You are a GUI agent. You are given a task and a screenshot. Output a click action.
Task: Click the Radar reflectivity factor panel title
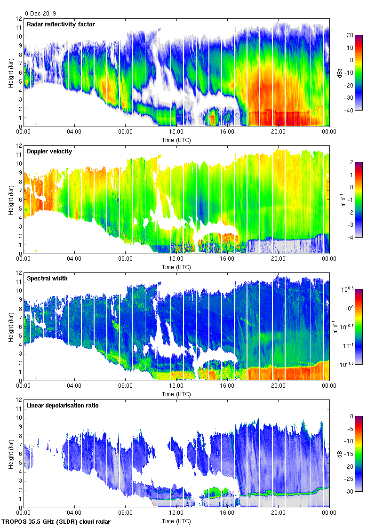click(61, 24)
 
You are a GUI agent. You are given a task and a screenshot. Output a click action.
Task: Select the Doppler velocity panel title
click(48, 152)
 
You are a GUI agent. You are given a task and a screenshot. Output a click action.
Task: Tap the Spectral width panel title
click(47, 279)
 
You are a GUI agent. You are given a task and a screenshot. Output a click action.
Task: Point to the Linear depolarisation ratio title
click(63, 406)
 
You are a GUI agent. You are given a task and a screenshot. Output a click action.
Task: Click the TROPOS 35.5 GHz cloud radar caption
click(56, 522)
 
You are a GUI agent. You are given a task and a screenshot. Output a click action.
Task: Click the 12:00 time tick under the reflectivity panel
click(176, 132)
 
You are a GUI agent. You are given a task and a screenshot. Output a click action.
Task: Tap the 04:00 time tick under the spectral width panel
click(74, 386)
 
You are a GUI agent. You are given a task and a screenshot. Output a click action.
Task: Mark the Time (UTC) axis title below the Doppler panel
click(176, 267)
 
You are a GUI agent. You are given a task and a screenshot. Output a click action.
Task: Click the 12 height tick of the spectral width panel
click(19, 273)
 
